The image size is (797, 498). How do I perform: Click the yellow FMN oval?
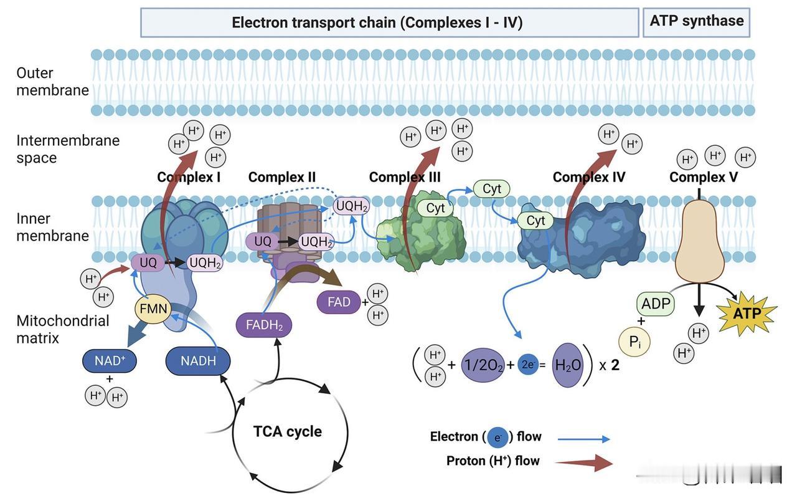153,309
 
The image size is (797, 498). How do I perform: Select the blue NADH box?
198,361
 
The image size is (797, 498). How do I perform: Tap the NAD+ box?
110,360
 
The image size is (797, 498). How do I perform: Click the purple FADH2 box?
264,325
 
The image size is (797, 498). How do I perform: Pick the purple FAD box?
339,302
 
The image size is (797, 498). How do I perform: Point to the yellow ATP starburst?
747,313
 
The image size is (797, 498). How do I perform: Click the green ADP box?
656,304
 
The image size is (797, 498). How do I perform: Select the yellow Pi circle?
634,342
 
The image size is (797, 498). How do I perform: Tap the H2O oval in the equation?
567,365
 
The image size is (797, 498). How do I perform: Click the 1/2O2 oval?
483,366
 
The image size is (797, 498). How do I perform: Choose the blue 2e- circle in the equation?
528,366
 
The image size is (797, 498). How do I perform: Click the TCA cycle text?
287,431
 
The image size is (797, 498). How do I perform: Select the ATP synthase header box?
696,22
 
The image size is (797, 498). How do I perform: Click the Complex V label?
704,177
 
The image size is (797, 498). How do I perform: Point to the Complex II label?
282,177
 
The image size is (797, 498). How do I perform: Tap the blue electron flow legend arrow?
583,439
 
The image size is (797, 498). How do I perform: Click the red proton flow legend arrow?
584,463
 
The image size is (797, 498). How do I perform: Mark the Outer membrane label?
52,82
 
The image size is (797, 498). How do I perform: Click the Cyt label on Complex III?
435,208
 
